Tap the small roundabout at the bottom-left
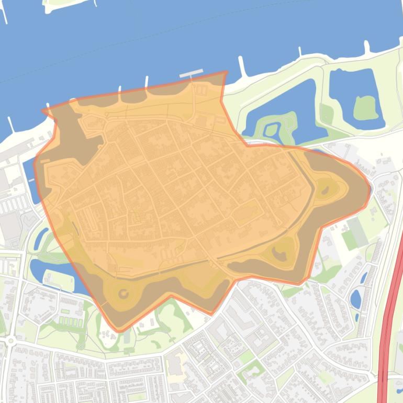coord(10,341)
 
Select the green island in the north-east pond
coord(365,108)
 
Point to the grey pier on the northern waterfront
coord(191,74)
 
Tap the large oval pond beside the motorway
coord(355,299)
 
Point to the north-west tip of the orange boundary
coord(43,110)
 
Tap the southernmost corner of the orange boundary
coord(119,331)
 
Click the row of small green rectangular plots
coord(68,319)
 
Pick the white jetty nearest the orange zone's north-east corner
coord(242,65)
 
